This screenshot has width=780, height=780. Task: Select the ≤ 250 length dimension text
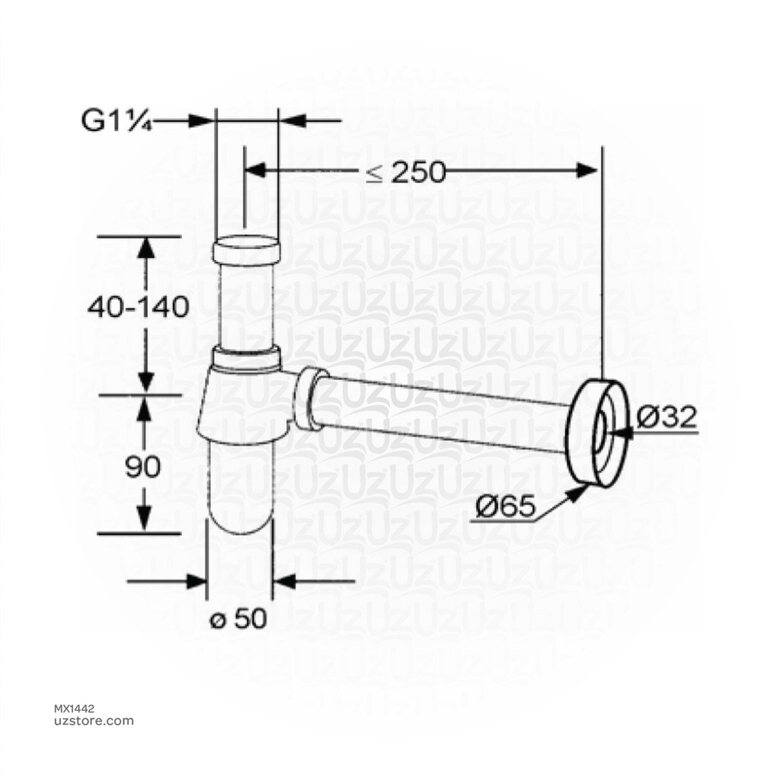tap(405, 173)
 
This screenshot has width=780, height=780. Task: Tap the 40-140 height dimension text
tap(138, 307)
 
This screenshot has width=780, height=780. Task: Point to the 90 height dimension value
tap(143, 466)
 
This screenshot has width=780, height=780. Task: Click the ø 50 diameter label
tap(238, 619)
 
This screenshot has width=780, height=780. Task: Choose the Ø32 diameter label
tap(667, 417)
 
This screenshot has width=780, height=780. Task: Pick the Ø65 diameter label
tap(503, 507)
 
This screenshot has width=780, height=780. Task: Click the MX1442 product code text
tap(76, 708)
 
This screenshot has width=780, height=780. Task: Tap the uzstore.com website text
tap(92, 721)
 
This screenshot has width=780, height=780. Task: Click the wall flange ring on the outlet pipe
tap(599, 432)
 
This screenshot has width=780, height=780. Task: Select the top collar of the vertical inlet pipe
tap(245, 249)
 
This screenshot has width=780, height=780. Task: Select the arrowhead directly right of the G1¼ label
tap(200, 120)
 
